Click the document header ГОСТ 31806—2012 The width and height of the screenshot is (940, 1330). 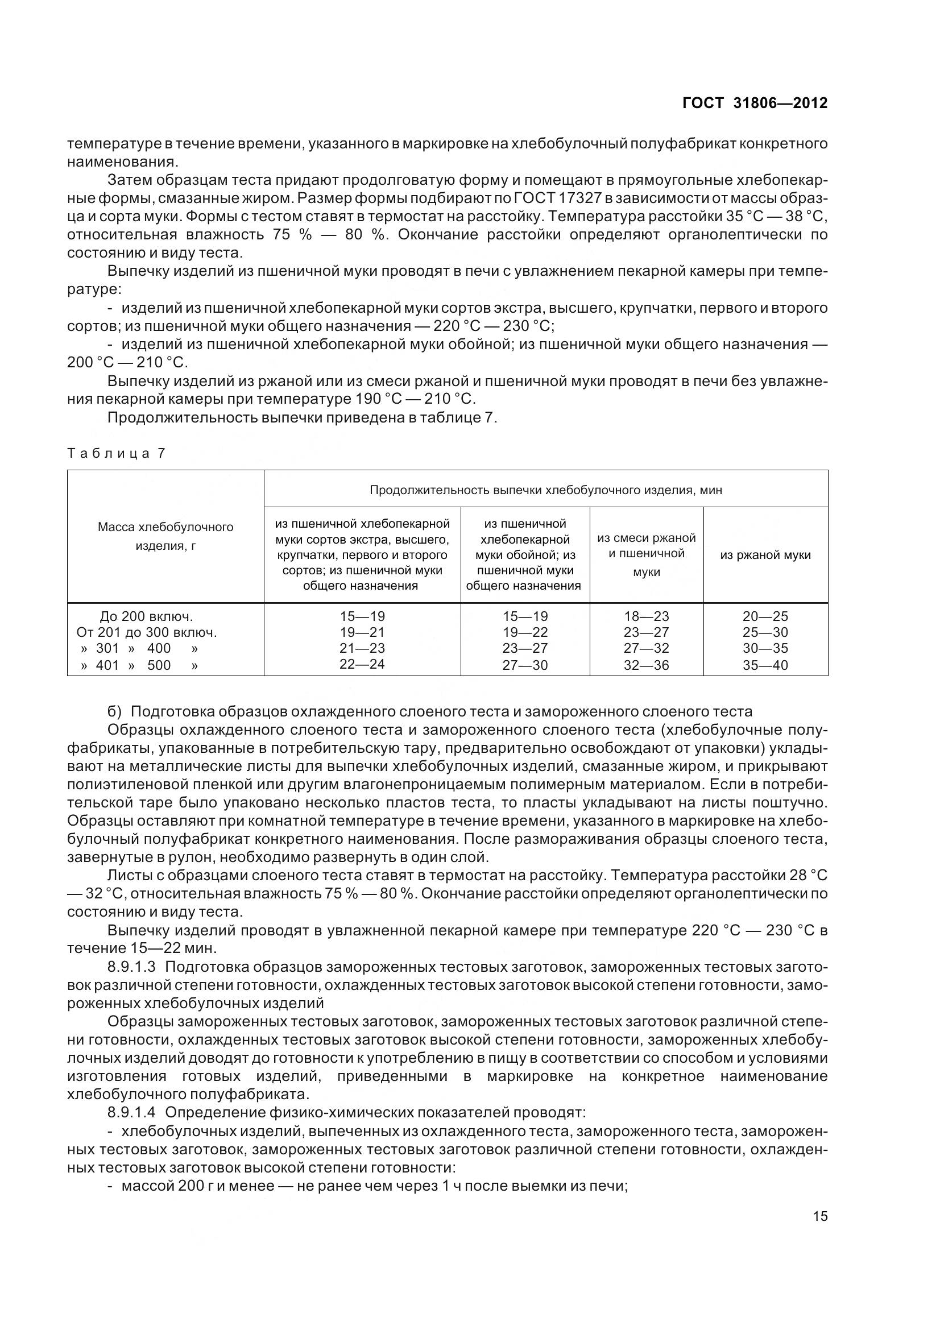755,103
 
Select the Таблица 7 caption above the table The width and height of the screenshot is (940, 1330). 117,454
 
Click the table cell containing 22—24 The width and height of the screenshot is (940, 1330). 362,664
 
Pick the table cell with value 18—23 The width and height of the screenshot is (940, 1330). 647,616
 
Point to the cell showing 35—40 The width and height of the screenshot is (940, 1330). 765,665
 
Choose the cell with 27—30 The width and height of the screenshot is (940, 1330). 525,665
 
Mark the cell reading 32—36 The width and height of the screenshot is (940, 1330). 647,665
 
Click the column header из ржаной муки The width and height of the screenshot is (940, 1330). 765,555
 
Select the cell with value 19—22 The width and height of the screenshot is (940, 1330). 525,632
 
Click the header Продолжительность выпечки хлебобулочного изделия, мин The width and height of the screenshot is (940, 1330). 545,490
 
